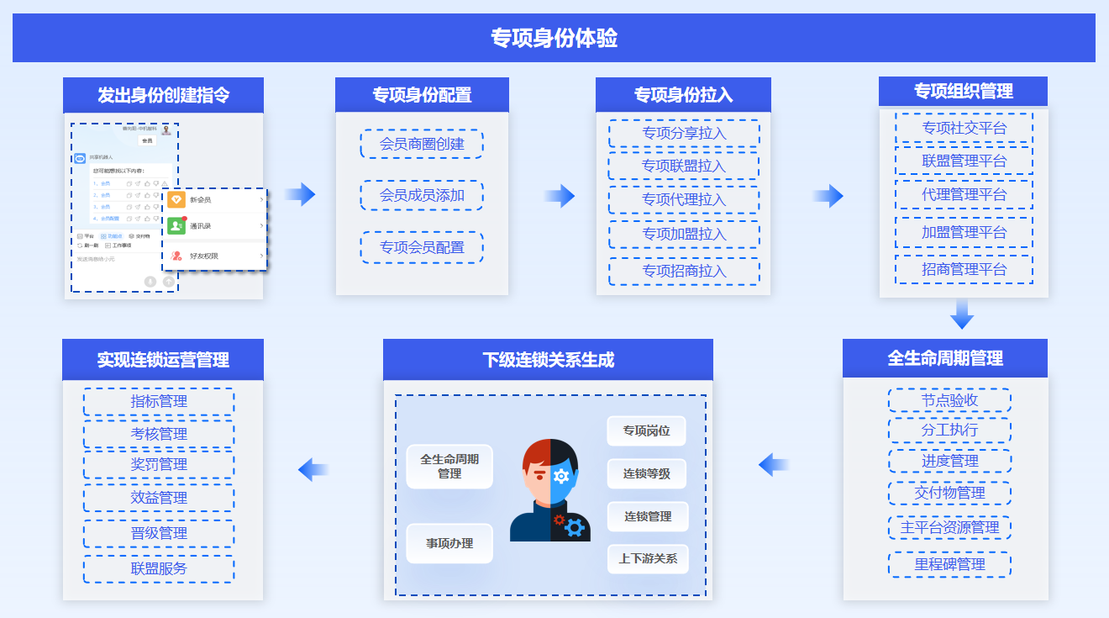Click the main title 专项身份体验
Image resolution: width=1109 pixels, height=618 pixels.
554,39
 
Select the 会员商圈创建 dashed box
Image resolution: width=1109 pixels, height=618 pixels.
422,144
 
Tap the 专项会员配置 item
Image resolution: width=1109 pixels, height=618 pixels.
422,247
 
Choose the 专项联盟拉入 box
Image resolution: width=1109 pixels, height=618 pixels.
684,166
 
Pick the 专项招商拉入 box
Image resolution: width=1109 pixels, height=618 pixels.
684,271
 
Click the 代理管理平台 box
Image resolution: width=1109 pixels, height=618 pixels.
964,194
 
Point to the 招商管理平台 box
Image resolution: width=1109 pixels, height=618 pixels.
964,269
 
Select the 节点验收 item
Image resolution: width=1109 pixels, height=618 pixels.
949,400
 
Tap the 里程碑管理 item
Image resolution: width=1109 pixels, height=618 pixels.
949,564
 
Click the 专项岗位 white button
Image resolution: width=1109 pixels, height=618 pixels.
646,430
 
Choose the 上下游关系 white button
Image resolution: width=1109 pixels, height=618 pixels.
648,558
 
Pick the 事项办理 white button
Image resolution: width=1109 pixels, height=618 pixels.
449,543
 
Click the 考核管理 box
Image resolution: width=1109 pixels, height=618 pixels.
159,434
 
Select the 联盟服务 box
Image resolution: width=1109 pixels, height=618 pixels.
159,568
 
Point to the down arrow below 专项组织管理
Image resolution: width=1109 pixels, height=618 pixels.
962,315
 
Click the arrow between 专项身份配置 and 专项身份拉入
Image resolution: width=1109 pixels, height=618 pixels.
559,197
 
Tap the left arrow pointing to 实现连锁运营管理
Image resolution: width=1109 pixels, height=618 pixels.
313,469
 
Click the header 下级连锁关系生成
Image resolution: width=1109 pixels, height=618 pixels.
548,360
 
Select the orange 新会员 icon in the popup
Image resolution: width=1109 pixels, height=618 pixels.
176,199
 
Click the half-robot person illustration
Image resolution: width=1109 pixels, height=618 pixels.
550,490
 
